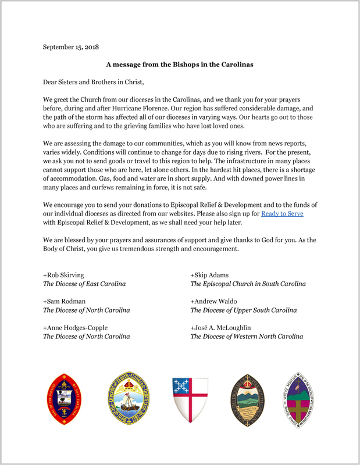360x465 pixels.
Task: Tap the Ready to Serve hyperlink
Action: pyautogui.click(x=282, y=214)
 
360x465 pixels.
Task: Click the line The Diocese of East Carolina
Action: pyautogui.click(x=84, y=284)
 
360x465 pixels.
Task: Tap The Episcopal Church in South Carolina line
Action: pyautogui.click(x=248, y=284)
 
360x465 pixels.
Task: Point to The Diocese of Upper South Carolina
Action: pyautogui.click(x=244, y=310)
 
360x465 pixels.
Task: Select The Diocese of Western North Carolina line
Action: pyautogui.click(x=247, y=337)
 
